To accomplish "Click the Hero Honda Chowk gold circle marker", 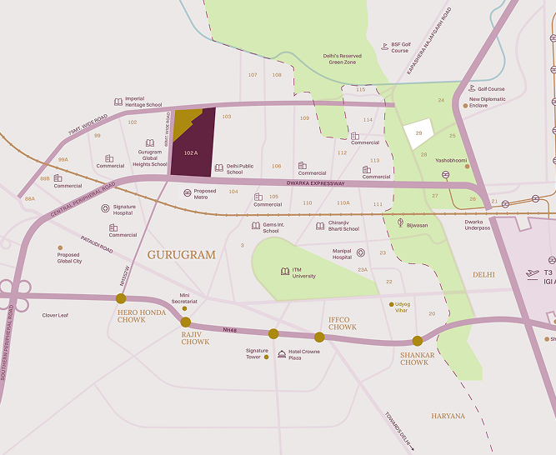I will [x=121, y=298].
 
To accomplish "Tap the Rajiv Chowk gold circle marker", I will [x=186, y=322].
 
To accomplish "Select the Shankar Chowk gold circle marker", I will [x=418, y=341].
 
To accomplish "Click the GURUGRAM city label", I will [x=181, y=254].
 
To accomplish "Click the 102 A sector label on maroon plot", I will [x=191, y=153].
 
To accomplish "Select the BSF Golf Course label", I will [x=400, y=47].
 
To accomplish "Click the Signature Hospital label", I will [x=124, y=209].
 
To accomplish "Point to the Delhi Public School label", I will [x=240, y=169].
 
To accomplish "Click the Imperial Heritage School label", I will [x=143, y=102].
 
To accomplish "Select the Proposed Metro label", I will [x=205, y=193].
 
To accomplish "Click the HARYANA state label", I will [x=448, y=415].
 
